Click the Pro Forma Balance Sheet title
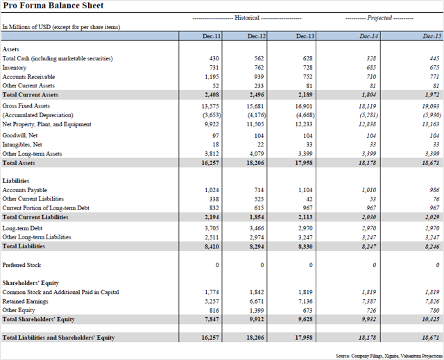click(x=53, y=6)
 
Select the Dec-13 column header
click(x=305, y=36)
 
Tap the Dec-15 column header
click(x=432, y=36)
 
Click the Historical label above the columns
click(x=247, y=18)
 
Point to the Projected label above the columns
click(x=379, y=18)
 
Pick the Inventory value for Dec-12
click(x=259, y=68)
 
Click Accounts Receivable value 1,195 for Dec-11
click(x=212, y=77)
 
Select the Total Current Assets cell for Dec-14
click(x=369, y=95)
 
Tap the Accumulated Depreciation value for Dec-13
click(x=305, y=115)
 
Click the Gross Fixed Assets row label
click(x=26, y=106)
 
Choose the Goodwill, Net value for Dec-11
click(x=216, y=136)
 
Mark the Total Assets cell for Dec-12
click(x=255, y=163)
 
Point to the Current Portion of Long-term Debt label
click(x=46, y=208)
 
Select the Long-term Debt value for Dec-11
click(x=212, y=228)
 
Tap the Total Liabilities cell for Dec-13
click(x=305, y=246)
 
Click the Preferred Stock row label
click(x=22, y=265)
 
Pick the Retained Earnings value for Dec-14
click(x=369, y=302)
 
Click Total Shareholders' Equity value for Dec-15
click(x=431, y=319)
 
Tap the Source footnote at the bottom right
click(x=389, y=356)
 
